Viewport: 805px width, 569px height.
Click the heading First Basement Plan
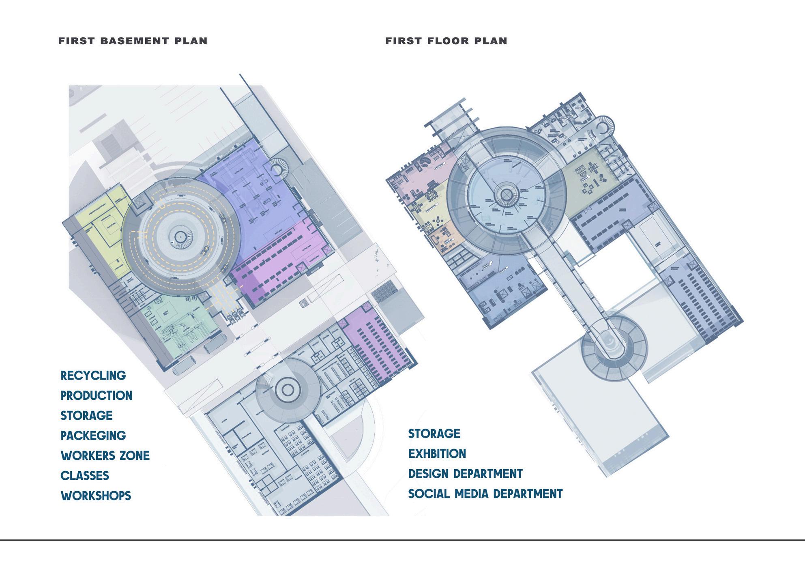point(133,41)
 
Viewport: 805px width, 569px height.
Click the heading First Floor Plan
point(446,41)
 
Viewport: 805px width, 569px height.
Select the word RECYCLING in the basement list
point(93,376)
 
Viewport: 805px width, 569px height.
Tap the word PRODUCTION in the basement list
point(97,395)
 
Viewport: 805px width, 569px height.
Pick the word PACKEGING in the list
point(93,436)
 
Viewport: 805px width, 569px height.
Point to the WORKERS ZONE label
point(105,455)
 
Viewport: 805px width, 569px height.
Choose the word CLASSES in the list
point(85,475)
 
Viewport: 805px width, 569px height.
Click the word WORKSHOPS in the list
point(96,496)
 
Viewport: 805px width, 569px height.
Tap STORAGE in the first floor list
point(434,434)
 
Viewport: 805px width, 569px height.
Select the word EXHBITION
point(437,453)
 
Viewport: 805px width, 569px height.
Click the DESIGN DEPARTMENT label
point(465,474)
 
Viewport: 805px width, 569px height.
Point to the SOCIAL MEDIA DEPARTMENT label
point(485,494)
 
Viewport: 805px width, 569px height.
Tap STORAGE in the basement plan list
point(86,415)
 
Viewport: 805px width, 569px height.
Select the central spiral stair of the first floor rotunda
point(506,195)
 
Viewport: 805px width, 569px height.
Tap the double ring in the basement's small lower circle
point(288,390)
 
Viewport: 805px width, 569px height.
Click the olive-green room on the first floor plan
point(592,178)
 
